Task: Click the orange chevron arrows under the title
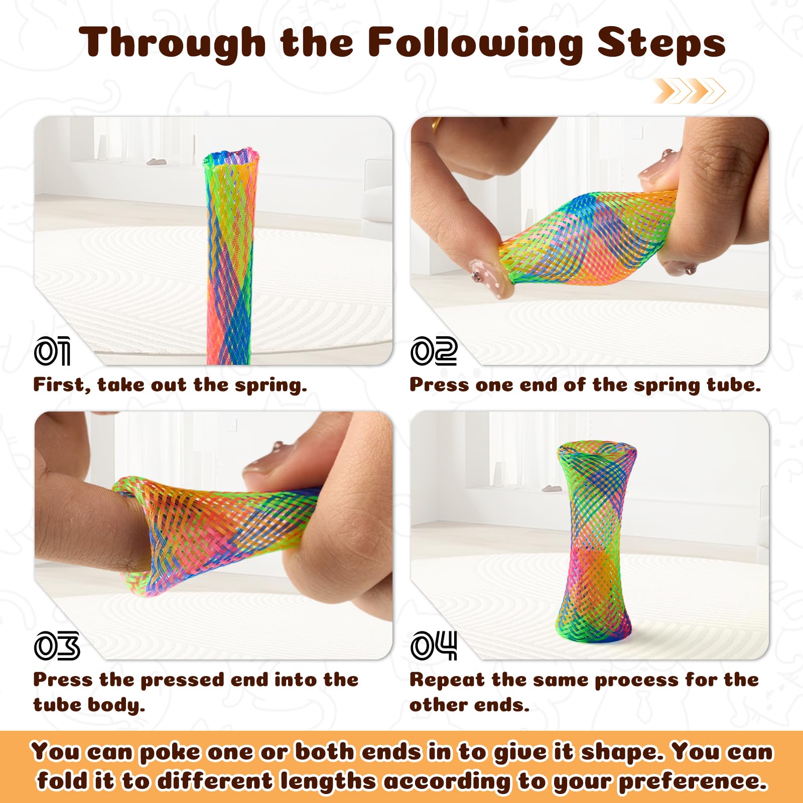(689, 91)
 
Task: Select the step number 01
(52, 351)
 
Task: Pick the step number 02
(434, 351)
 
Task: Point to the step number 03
(57, 645)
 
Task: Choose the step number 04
(434, 645)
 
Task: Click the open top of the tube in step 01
(231, 157)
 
